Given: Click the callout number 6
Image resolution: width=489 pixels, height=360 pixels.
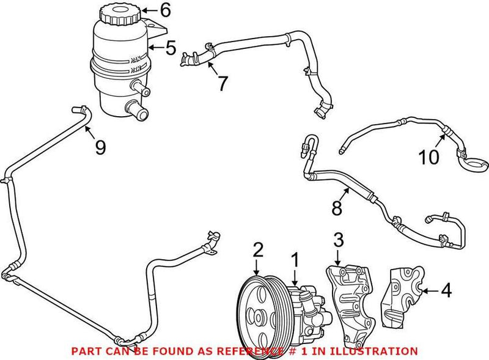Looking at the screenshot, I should (x=166, y=10).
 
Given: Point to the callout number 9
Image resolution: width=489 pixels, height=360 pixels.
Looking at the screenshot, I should (x=100, y=147).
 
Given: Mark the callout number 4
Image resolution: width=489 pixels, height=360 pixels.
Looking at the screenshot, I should (x=446, y=291).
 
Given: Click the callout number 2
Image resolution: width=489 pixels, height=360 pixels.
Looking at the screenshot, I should (x=258, y=249).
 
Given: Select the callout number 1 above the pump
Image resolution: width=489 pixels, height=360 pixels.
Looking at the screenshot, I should (x=295, y=260).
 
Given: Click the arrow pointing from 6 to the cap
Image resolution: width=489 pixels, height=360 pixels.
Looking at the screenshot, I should (x=150, y=10).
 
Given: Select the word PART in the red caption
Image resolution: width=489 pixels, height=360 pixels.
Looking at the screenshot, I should (x=86, y=351).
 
